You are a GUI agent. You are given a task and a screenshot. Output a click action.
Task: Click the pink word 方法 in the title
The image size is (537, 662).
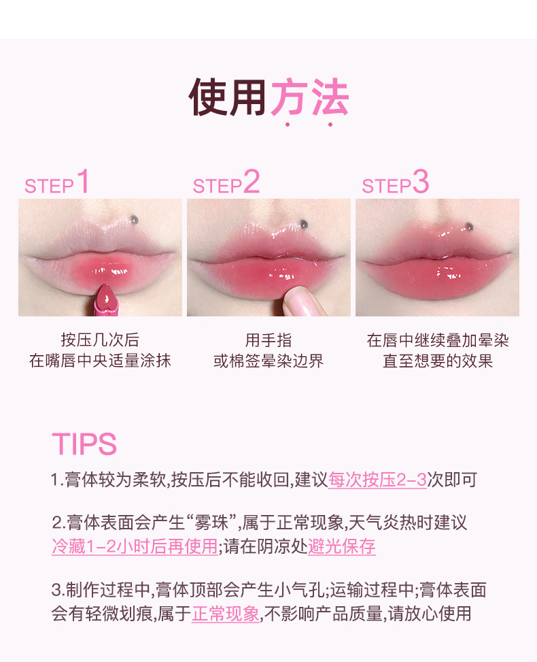[310, 99]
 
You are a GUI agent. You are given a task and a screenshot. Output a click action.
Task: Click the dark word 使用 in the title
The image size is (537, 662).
[227, 99]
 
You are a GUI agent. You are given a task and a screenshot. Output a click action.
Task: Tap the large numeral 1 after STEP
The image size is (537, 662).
[83, 182]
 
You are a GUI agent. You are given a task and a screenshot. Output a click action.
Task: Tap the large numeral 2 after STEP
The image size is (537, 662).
[252, 182]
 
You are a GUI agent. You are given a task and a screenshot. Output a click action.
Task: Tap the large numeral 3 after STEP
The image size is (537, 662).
[421, 182]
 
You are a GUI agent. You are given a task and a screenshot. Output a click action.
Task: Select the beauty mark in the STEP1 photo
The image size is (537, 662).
[134, 218]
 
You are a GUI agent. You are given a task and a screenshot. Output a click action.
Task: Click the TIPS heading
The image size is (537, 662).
[84, 444]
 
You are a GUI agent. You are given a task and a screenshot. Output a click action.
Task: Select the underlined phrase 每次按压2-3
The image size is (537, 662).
[377, 480]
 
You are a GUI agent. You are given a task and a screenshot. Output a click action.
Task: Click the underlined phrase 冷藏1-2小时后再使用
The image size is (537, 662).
[135, 546]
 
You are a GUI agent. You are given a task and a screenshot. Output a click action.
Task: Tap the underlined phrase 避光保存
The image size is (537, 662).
[341, 546]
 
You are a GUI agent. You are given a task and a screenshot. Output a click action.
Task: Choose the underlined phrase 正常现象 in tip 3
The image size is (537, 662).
[226, 614]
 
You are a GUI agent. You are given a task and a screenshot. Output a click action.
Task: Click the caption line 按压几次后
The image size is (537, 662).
[100, 340]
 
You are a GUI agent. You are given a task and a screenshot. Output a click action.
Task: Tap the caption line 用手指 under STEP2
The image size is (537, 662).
[268, 340]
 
